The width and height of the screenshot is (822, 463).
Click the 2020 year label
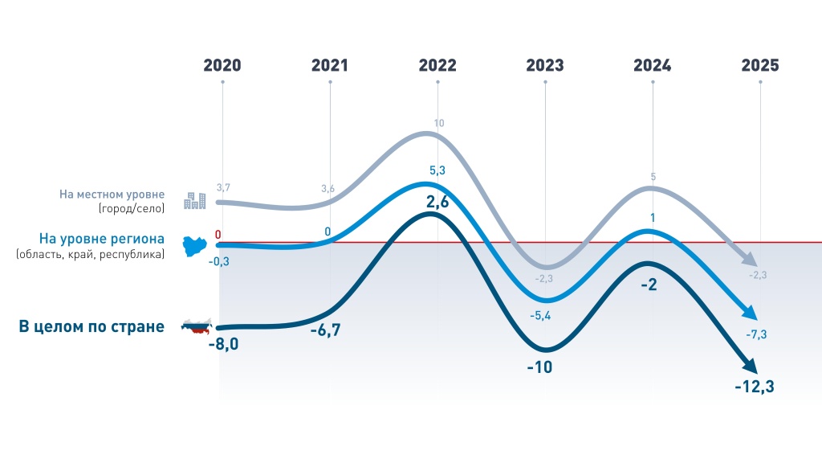click(222, 66)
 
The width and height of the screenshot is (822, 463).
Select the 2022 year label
click(437, 66)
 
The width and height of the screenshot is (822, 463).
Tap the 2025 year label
click(760, 66)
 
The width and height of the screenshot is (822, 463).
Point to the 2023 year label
click(545, 66)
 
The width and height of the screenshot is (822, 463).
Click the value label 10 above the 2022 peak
click(438, 123)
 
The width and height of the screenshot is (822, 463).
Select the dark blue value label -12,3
click(755, 387)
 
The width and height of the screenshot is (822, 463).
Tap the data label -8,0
click(223, 345)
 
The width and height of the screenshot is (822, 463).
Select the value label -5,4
click(540, 316)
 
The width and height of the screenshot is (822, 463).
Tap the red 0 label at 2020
click(218, 234)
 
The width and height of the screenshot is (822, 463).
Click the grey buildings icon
click(194, 200)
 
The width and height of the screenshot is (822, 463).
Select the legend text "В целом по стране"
click(92, 326)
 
